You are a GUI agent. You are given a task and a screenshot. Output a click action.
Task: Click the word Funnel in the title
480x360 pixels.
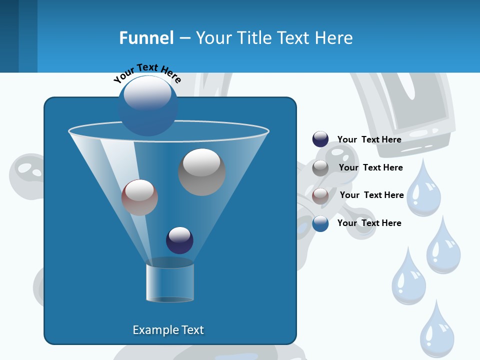click(146, 38)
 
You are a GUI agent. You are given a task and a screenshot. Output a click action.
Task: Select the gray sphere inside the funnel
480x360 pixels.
click(201, 171)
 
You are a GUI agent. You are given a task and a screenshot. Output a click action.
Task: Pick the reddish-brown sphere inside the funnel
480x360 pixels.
click(139, 197)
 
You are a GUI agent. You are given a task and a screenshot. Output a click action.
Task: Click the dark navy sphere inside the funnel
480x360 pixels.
click(179, 240)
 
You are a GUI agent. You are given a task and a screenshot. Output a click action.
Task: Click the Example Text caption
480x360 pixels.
click(168, 330)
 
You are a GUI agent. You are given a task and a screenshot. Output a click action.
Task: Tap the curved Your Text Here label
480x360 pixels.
click(147, 73)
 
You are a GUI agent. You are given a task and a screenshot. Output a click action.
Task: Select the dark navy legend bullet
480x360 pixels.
click(320, 139)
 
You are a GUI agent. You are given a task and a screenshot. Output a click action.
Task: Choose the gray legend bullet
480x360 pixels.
click(320, 168)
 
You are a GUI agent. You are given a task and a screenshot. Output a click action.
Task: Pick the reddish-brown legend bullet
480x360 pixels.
click(320, 195)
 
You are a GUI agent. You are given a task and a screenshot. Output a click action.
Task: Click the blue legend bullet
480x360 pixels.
click(320, 223)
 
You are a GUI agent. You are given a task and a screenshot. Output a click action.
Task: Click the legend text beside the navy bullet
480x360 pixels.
click(369, 139)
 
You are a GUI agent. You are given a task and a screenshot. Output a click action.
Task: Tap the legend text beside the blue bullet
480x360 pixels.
click(369, 223)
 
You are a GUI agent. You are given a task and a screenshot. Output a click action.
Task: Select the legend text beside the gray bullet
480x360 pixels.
click(370, 167)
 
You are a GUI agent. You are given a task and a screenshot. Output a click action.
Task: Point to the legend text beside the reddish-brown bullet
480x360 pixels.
click(371, 195)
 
